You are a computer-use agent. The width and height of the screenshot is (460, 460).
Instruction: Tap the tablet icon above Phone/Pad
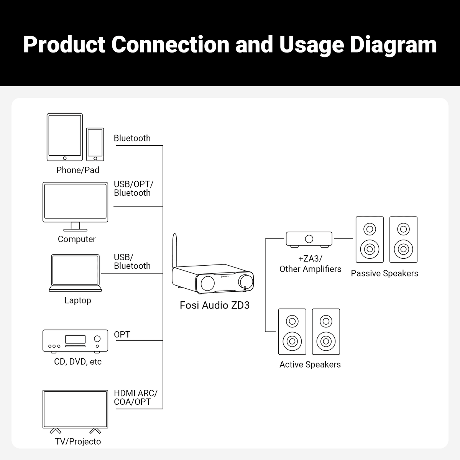pos(64,137)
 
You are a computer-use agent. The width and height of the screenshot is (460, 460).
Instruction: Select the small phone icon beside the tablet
pos(95,144)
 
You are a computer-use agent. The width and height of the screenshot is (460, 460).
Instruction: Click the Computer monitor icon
pos(75,203)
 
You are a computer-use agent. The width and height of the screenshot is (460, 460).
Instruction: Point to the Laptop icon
pos(76,273)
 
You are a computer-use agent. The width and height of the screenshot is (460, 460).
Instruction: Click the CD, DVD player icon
pos(75,340)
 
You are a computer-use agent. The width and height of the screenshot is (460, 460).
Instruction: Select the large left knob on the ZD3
pos(207,283)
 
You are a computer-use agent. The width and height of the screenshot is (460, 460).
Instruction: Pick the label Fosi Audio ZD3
pos(215,305)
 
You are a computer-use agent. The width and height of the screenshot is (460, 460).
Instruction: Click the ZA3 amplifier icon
pos(309,239)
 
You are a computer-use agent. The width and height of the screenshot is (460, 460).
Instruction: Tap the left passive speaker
pos(370,240)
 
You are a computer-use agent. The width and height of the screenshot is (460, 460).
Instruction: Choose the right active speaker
pos(326,332)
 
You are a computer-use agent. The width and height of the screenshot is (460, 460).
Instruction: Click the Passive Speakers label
pos(384,273)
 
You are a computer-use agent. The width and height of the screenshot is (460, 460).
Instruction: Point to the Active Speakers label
pos(310,365)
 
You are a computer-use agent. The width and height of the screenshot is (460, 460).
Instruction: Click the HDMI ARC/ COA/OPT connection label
pos(135,398)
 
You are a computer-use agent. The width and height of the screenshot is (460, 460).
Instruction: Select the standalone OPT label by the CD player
pos(122,334)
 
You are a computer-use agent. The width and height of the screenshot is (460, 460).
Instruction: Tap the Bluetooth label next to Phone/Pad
pos(132,138)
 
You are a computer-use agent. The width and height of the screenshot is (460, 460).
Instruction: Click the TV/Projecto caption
pos(78,441)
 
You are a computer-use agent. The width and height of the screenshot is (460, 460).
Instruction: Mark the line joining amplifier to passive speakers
pos(343,238)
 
